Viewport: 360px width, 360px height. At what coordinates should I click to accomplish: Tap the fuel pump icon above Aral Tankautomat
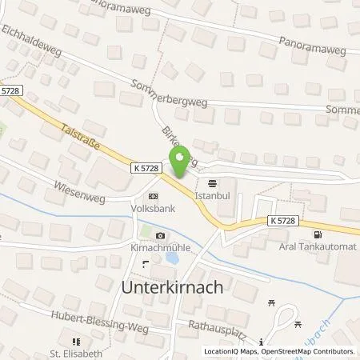click(319, 236)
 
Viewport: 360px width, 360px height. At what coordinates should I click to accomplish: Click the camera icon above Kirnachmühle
click(161, 236)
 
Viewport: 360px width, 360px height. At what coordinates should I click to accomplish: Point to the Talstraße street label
click(79, 128)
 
